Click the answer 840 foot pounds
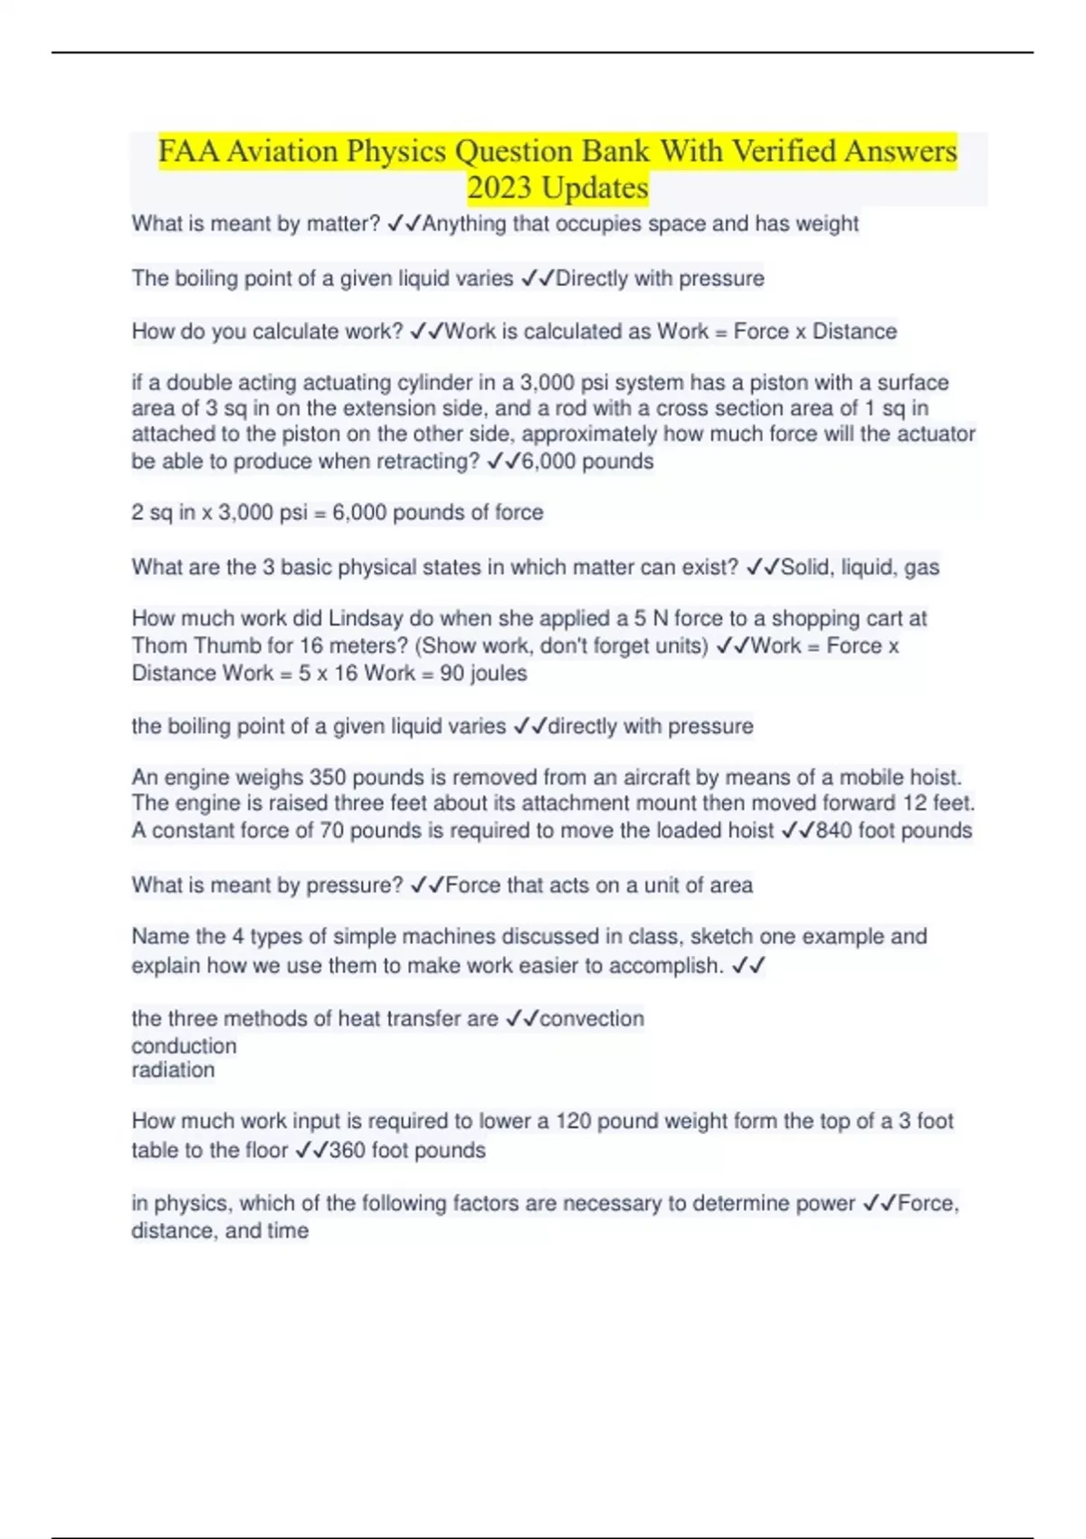pyautogui.click(x=893, y=831)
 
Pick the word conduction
pyautogui.click(x=184, y=1046)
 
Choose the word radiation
pyautogui.click(x=173, y=1070)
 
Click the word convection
pyautogui.click(x=592, y=1018)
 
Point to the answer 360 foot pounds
pyautogui.click(x=406, y=1151)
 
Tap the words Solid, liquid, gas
pyautogui.click(x=860, y=568)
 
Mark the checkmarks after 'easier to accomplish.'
pyautogui.click(x=748, y=966)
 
